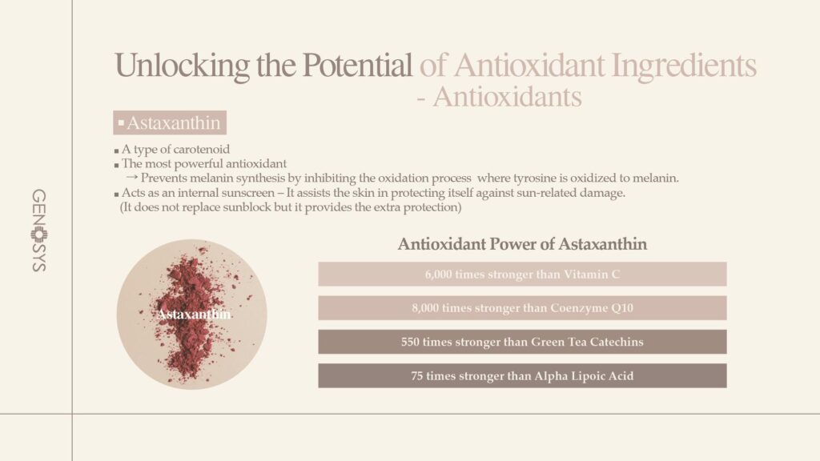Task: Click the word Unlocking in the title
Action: pos(182,66)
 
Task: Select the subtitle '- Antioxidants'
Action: pos(500,97)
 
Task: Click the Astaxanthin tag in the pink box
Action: pos(170,122)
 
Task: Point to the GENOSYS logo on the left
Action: pos(39,230)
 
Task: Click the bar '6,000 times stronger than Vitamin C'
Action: pos(522,274)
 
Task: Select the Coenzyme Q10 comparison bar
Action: pos(522,308)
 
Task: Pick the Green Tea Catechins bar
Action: pos(522,342)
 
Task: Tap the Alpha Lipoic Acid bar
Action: pos(522,376)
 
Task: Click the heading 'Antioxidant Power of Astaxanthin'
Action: pos(522,244)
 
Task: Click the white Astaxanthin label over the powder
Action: pos(194,314)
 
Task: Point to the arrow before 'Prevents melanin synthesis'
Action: pos(132,178)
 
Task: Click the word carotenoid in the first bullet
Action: pos(201,150)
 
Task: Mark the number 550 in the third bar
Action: pos(410,342)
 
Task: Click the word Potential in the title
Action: pos(357,66)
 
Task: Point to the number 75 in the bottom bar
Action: pos(416,376)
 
